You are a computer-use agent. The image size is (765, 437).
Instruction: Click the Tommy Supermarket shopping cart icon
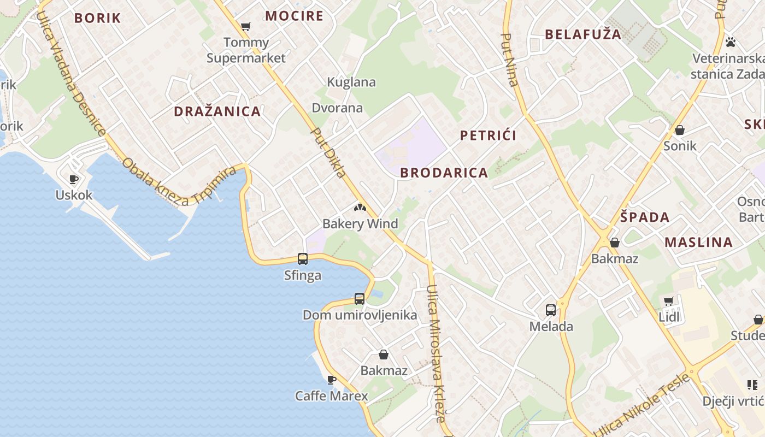(246, 26)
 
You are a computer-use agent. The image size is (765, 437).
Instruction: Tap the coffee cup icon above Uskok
(74, 179)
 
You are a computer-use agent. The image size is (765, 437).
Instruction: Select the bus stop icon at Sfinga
(302, 259)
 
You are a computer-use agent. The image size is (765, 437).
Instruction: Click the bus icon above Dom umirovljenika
(359, 299)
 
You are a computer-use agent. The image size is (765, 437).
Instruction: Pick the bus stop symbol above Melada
(551, 310)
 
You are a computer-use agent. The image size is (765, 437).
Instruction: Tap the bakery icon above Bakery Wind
(360, 208)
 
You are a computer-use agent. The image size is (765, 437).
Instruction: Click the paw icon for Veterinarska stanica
(730, 42)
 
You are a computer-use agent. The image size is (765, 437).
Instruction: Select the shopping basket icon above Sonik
(680, 130)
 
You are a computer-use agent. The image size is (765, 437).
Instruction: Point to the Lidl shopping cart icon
(668, 301)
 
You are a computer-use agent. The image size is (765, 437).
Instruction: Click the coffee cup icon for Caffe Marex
(331, 380)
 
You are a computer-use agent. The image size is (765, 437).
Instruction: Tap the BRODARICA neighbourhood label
(444, 173)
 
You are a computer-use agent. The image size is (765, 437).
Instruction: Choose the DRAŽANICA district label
(217, 111)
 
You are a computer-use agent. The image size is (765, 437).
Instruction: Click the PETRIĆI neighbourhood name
(488, 135)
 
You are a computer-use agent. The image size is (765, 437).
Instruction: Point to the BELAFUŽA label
(583, 34)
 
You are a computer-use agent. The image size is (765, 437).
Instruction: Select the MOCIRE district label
(294, 16)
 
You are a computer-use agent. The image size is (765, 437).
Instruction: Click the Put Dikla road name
(328, 152)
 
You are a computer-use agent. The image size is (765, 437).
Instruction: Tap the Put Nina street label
(509, 60)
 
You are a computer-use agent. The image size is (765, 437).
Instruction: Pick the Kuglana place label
(351, 82)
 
